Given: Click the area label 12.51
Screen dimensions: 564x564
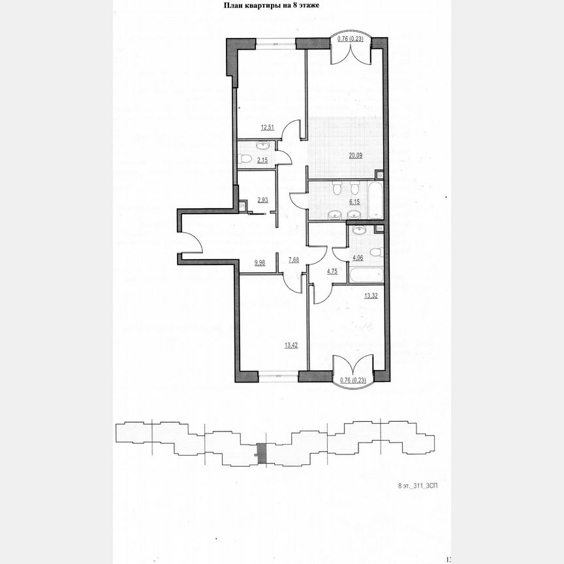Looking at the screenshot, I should [266, 128].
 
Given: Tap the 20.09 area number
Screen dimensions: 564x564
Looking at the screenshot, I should [356, 155].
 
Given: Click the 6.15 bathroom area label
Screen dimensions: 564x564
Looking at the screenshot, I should [354, 202].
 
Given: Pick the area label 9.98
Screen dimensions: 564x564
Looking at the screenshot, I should [260, 263].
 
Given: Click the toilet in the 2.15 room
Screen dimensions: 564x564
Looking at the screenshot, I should [245, 159].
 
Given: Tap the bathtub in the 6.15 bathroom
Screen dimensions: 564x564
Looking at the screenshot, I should [375, 200].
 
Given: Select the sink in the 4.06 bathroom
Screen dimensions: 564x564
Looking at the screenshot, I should [358, 230].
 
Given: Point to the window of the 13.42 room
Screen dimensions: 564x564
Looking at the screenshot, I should [277, 375].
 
